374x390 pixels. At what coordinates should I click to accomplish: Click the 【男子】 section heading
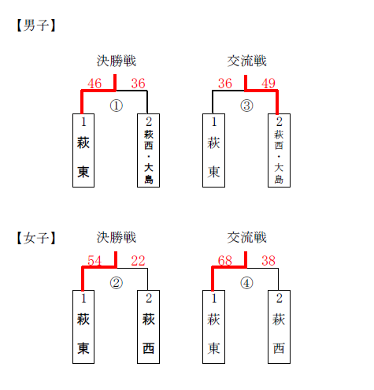click(36, 25)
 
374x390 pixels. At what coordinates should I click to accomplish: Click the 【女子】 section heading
click(36, 238)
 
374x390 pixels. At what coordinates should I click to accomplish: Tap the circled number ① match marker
click(117, 106)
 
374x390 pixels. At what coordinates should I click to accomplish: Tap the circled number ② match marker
click(117, 283)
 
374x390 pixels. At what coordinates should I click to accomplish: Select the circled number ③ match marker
click(246, 106)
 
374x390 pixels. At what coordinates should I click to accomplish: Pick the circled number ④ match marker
click(246, 283)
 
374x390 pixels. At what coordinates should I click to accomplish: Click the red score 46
click(94, 84)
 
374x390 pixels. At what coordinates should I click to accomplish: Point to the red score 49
click(268, 84)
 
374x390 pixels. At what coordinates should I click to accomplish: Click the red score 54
click(94, 261)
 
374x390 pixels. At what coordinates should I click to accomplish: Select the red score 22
click(138, 261)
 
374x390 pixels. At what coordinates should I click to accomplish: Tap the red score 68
click(225, 261)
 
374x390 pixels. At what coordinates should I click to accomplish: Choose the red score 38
click(268, 261)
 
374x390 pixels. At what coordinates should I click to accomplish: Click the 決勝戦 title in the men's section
click(117, 61)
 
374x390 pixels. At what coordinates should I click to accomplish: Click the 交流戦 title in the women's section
click(246, 237)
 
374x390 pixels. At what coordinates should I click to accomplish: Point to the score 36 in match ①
click(138, 84)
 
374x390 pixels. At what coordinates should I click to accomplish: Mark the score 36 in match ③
click(225, 84)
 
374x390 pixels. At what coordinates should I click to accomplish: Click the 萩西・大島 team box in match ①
click(148, 150)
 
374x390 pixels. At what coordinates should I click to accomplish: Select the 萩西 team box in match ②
click(148, 327)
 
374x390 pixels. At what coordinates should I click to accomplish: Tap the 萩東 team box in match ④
click(213, 327)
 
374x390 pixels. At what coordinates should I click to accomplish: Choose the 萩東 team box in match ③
click(213, 150)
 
